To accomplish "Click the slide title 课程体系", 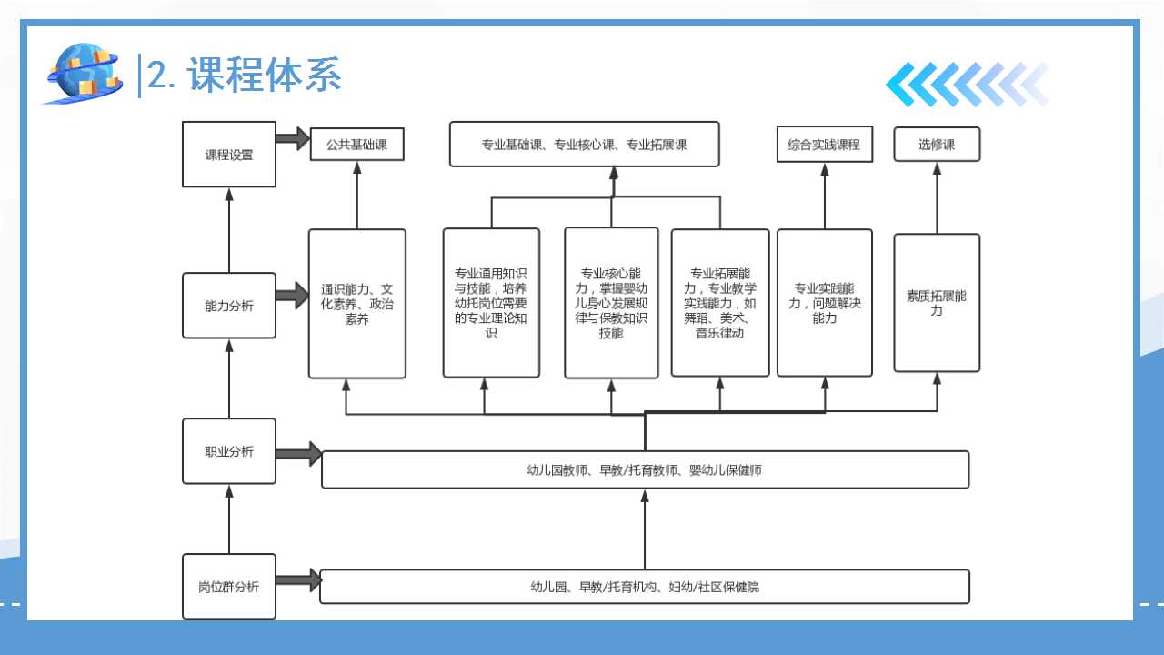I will click(264, 75).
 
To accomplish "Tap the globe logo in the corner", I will click(84, 73).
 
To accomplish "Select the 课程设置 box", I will click(229, 155).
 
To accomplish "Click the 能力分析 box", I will click(229, 306).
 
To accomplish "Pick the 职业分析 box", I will click(229, 451).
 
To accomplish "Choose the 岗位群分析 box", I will click(229, 587).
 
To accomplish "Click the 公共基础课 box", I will click(356, 145).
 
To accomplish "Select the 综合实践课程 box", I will click(824, 145).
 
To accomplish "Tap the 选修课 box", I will click(937, 145).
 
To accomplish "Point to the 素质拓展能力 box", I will click(937, 303).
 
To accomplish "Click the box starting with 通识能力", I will click(356, 304).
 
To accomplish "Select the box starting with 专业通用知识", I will click(491, 303).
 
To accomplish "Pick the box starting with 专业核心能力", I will click(611, 303).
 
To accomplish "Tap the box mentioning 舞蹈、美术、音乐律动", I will click(720, 303).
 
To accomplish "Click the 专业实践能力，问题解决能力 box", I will click(824, 303).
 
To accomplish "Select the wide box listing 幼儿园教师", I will click(645, 470).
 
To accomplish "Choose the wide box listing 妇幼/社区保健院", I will click(645, 587).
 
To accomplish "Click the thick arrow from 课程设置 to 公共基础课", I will click(293, 139).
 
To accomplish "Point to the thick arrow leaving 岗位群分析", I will click(298, 579).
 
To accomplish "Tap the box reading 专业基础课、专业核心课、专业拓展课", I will click(584, 145).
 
